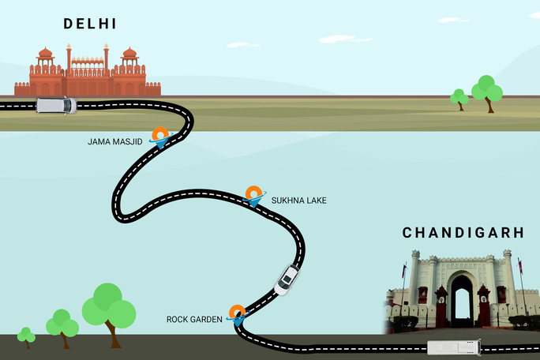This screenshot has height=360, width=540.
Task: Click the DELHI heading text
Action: pos(90,24)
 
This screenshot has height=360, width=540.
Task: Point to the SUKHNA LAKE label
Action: pos(298,201)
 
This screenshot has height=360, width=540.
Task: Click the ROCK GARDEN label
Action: pos(194,319)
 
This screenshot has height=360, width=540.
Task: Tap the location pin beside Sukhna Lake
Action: pos(253,195)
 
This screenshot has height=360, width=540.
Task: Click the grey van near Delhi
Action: pos(56,105)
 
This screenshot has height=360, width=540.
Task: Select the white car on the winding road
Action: pos(287,279)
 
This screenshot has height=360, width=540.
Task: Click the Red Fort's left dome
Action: pos(45,55)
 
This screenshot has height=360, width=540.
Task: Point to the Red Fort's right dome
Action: pos(129,55)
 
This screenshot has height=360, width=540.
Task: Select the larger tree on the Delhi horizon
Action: pos(487,89)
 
